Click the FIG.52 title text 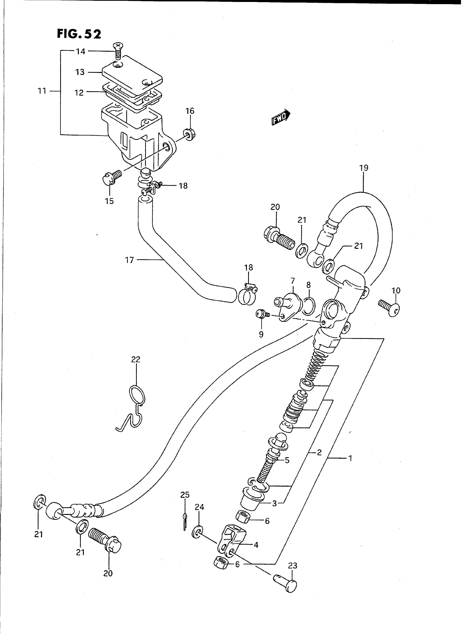(x=79, y=34)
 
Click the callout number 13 (x=80, y=72)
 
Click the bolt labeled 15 (x=111, y=177)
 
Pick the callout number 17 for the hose (x=129, y=260)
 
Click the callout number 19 (x=364, y=168)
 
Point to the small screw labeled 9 (x=261, y=314)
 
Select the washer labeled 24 (x=198, y=532)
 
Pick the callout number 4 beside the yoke (x=256, y=545)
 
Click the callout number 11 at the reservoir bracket (x=42, y=91)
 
